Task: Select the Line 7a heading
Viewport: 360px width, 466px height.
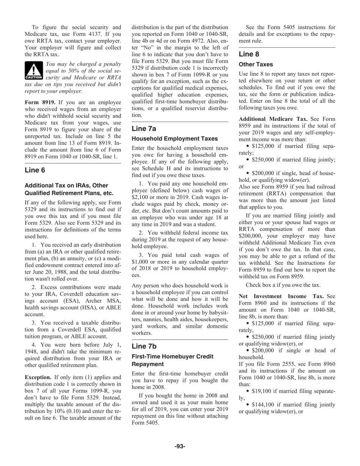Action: (144, 129)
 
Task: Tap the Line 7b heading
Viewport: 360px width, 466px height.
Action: (144, 346)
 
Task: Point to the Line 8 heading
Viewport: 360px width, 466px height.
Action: (249, 54)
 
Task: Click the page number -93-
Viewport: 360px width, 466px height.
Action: (180, 446)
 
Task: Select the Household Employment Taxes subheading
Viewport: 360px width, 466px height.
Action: (175, 139)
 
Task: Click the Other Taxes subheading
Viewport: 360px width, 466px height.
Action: (256, 64)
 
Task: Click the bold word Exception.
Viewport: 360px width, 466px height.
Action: (38, 377)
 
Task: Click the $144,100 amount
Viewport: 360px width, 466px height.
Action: (263, 405)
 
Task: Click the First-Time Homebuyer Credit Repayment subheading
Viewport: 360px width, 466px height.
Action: (172, 360)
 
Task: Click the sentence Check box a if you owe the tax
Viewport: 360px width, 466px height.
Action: (283, 285)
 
